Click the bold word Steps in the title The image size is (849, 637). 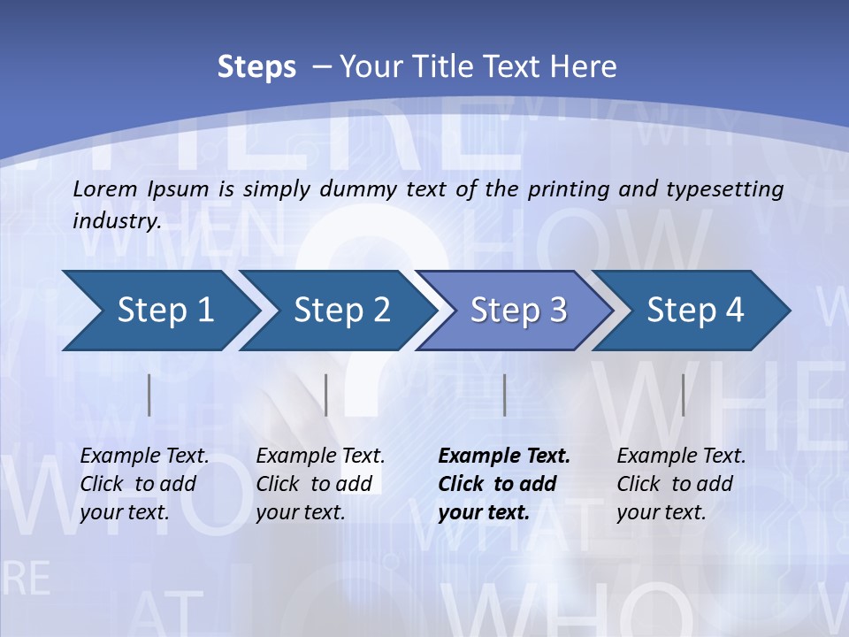point(256,67)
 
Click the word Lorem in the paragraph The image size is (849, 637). point(105,188)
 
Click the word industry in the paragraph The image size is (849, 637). point(115,220)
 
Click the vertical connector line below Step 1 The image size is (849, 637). point(149,395)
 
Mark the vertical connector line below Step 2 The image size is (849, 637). point(326,395)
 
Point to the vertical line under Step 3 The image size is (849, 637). point(504,395)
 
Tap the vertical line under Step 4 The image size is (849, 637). point(683,395)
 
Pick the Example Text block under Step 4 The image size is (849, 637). point(681,484)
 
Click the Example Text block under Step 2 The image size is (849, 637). point(320,484)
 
